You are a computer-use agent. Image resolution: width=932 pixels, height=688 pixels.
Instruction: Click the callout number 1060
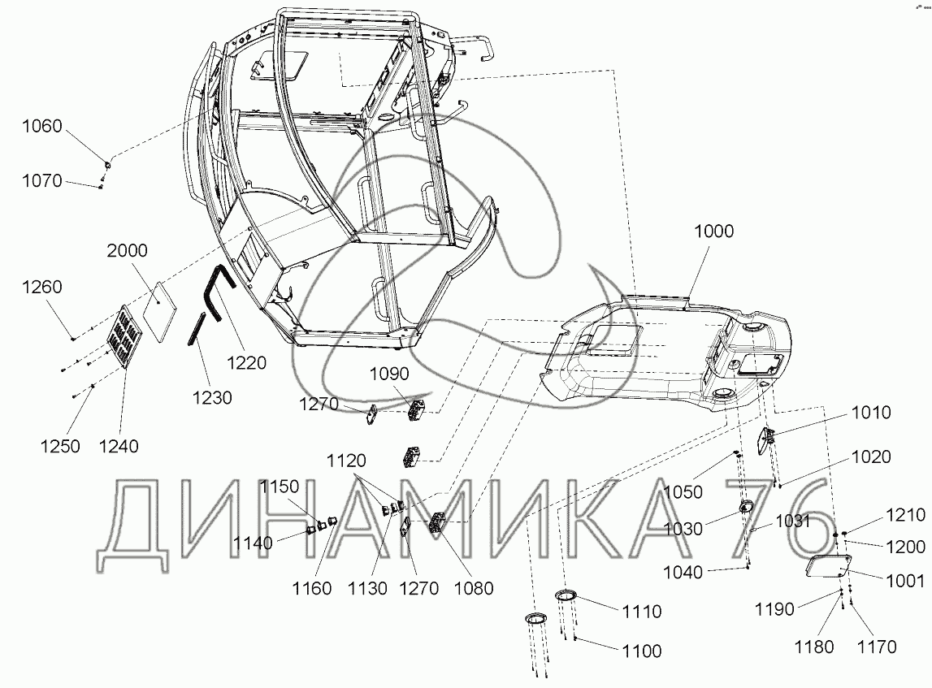[x=42, y=126]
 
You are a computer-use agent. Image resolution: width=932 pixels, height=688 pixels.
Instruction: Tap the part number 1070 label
[x=42, y=180]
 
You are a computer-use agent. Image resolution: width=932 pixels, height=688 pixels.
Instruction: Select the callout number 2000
[x=128, y=250]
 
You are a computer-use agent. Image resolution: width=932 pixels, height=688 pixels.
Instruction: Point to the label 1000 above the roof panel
[x=714, y=231]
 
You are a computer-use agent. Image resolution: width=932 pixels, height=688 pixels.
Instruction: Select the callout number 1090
[x=389, y=374]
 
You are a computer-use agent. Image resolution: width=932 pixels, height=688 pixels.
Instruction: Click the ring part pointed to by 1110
[x=566, y=595]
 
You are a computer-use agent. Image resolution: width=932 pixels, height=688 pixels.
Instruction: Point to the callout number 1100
[x=642, y=651]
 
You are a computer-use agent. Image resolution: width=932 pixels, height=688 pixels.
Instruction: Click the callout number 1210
[x=906, y=514]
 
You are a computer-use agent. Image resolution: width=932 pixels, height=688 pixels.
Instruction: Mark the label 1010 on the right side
[x=871, y=413]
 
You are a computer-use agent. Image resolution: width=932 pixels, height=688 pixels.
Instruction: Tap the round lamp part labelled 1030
[x=745, y=506]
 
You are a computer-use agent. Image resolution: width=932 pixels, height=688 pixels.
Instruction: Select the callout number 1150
[x=280, y=487]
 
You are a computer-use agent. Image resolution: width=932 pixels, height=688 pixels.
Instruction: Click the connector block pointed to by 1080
[x=437, y=523]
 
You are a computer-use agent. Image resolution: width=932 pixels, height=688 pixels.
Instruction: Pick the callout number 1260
[x=42, y=287]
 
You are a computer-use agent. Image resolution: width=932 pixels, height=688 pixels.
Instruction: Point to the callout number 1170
[x=876, y=647]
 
